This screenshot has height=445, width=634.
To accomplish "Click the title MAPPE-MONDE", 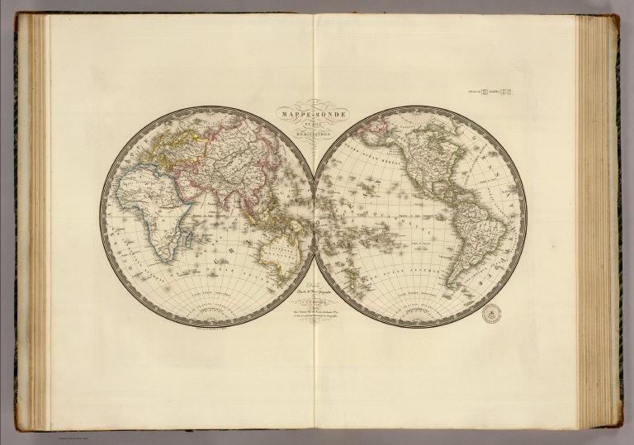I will (313, 108).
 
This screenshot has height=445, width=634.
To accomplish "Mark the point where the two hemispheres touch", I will (314, 216).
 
